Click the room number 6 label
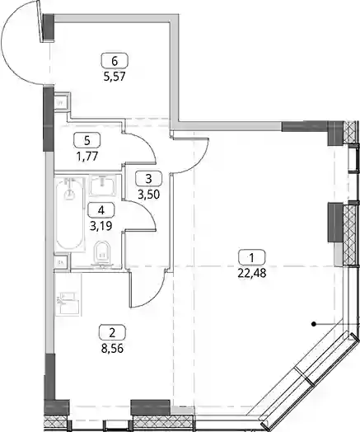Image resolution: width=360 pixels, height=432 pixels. (x=115, y=61)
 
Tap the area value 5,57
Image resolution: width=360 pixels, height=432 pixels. (x=115, y=77)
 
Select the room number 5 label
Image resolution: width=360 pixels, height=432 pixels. (x=87, y=140)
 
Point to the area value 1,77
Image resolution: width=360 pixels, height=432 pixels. (x=87, y=156)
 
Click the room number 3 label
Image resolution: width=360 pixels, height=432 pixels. (x=148, y=179)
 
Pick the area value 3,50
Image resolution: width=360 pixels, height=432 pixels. (x=148, y=195)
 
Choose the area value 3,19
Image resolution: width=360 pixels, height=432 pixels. (x=101, y=226)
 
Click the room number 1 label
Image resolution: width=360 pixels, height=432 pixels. (x=252, y=257)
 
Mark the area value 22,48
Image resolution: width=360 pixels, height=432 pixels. (x=252, y=274)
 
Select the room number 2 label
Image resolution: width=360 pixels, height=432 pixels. (x=112, y=333)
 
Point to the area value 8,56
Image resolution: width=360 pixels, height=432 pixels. (x=112, y=349)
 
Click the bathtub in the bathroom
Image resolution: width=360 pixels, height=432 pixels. (x=70, y=214)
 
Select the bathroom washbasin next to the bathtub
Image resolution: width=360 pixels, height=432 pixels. (x=103, y=185)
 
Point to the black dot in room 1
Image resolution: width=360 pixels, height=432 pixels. (x=313, y=324)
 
